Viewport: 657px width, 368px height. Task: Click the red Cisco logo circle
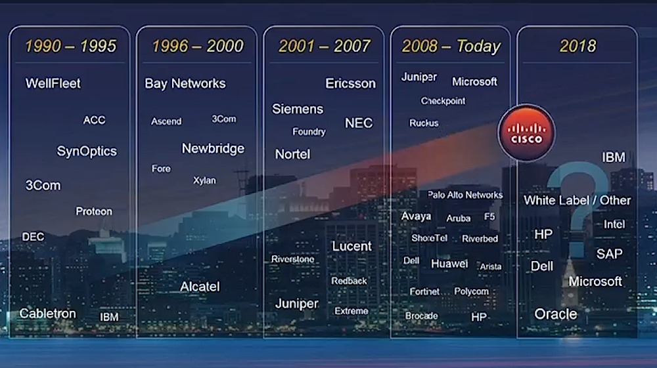[x=527, y=133]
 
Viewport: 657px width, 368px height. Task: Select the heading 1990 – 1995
[x=70, y=46]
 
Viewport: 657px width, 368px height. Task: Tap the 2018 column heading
[x=578, y=46]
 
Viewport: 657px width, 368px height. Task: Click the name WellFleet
[x=53, y=83]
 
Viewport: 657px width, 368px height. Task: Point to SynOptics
[x=87, y=152]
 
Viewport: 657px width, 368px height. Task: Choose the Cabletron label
[x=48, y=314]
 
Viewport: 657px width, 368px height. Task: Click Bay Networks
[x=185, y=84]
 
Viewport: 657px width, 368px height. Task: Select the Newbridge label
[x=213, y=149]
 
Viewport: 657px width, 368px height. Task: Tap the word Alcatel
[x=200, y=287]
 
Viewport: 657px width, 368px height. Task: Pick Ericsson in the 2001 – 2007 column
[x=351, y=84]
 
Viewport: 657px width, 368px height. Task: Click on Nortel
[x=292, y=154]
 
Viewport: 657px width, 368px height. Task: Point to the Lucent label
[x=351, y=246]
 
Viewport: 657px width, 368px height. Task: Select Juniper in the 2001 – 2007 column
[x=297, y=304]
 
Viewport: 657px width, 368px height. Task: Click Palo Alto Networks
[x=465, y=195]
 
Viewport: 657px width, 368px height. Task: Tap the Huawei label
[x=449, y=264]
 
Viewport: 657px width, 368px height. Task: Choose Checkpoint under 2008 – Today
[x=443, y=101]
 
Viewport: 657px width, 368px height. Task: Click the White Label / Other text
[x=577, y=200]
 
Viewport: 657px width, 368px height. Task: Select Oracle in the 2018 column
[x=556, y=314]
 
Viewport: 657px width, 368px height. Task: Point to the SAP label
[x=609, y=254]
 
